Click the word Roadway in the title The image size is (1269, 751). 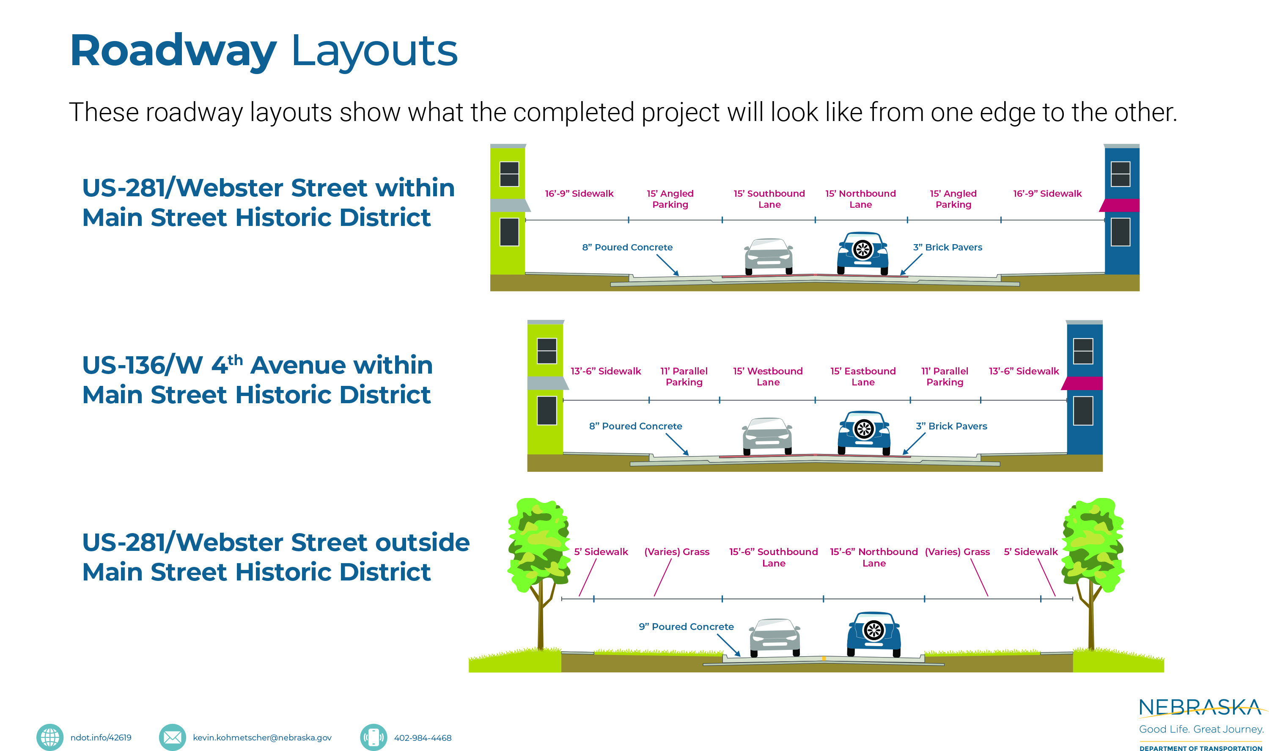(173, 51)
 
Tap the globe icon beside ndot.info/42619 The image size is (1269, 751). (49, 737)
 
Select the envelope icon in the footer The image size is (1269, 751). (172, 737)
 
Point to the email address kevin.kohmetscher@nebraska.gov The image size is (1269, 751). (262, 738)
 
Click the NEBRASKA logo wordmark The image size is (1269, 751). (1200, 707)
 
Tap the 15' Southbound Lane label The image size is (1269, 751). (769, 199)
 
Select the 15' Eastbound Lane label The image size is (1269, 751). (862, 377)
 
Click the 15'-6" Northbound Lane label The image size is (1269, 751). (873, 557)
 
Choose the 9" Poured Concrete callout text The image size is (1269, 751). (686, 627)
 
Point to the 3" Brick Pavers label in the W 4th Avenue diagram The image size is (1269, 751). (951, 426)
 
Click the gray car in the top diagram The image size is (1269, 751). (768, 256)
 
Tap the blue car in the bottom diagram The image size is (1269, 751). (873, 634)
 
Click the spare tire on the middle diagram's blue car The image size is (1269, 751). (864, 429)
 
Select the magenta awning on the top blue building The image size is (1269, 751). (1120, 206)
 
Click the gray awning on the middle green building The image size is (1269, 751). (547, 383)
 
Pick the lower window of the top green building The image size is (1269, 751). (509, 232)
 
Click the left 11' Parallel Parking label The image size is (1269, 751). (684, 377)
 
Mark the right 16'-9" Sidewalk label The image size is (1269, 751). (1047, 193)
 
